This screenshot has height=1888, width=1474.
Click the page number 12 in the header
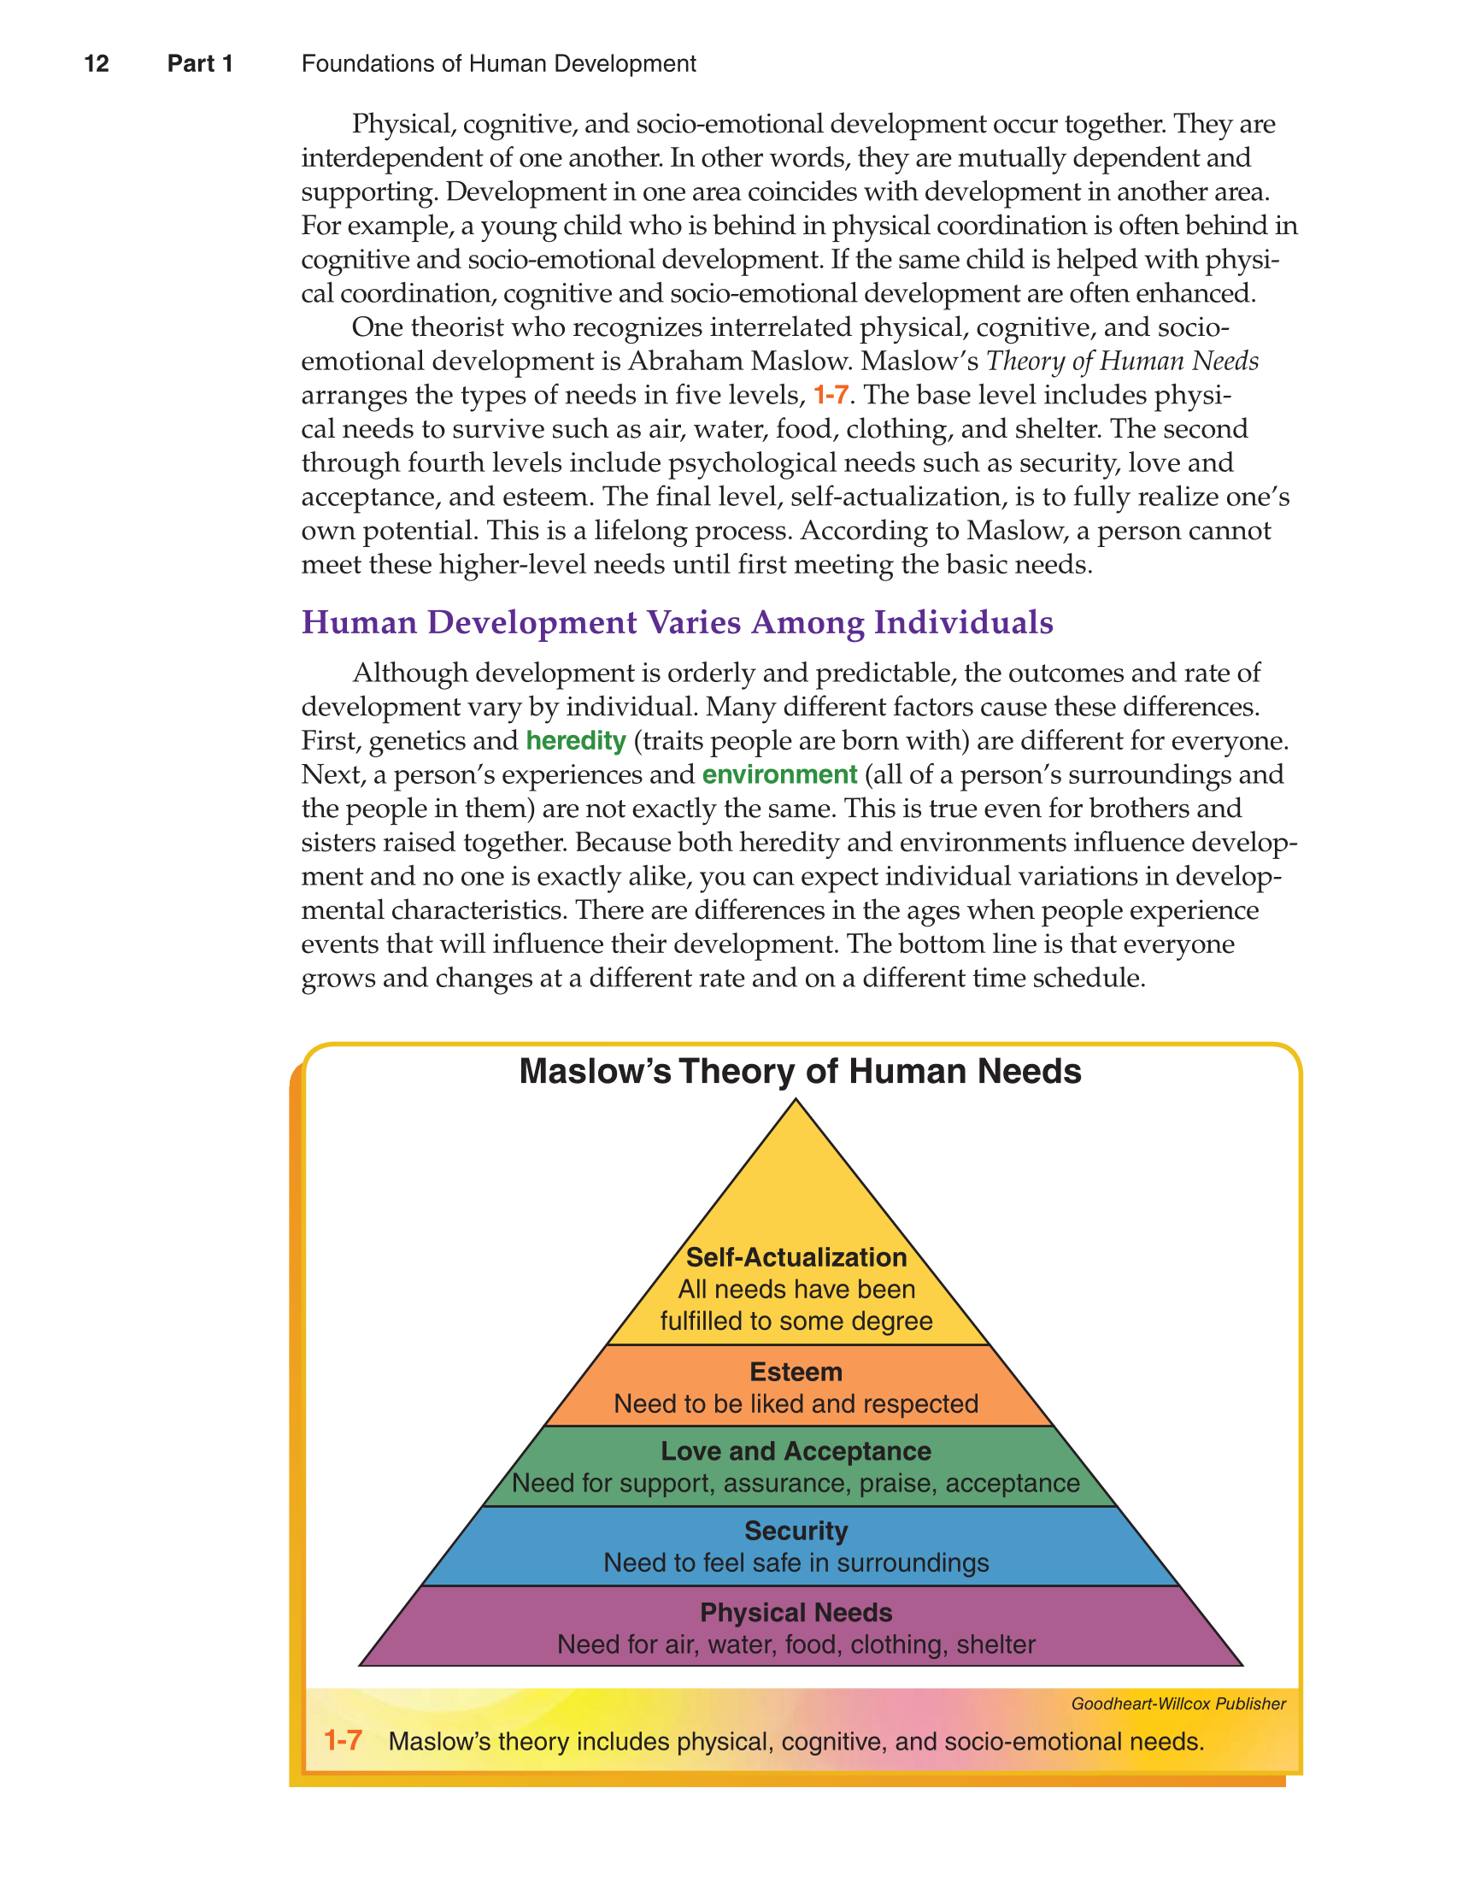(96, 64)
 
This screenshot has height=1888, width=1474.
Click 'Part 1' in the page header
(200, 64)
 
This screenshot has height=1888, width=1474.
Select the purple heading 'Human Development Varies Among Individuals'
(677, 622)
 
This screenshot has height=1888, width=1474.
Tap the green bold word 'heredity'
(576, 741)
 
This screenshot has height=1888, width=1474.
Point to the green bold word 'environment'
(779, 774)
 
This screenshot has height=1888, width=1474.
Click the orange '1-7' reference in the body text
(830, 396)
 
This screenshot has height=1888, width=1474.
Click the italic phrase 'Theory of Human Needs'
(1122, 362)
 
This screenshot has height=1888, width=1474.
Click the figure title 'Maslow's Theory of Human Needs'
(800, 1071)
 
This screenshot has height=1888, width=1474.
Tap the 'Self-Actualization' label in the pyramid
(796, 1257)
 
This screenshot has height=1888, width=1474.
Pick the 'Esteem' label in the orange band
(796, 1372)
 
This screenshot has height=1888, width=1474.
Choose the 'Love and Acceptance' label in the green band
(796, 1450)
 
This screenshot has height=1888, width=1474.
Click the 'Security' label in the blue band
(796, 1531)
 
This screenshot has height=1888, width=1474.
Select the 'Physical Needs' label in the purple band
(796, 1612)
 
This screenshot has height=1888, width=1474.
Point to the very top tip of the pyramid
(796, 1102)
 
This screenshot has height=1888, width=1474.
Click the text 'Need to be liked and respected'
(796, 1404)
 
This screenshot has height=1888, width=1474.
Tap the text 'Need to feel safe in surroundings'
(796, 1563)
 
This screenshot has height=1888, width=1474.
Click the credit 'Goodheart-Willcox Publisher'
(1177, 1704)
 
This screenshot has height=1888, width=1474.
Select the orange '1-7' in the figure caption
(343, 1740)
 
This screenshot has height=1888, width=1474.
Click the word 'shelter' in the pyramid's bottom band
(995, 1644)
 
